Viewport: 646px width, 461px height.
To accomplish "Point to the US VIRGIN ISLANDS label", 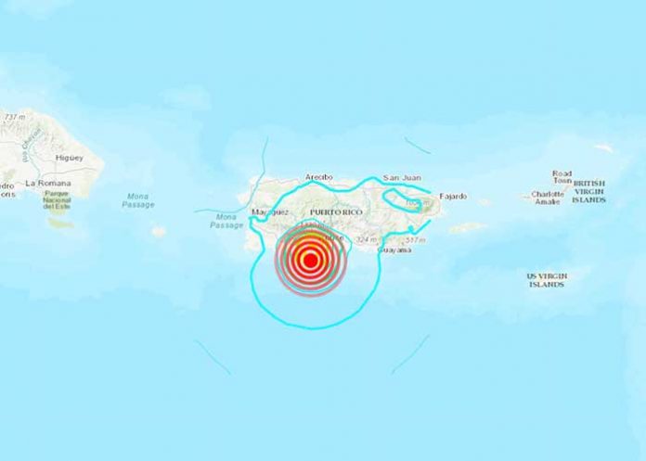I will (x=548, y=280).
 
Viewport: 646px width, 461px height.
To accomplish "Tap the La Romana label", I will (x=43, y=185).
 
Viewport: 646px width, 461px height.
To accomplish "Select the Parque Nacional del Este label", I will (x=58, y=200).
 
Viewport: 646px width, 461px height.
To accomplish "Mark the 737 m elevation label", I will (x=14, y=118).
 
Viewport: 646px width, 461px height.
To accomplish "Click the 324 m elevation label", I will (x=368, y=239).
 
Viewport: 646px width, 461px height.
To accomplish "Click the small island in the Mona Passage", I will (x=159, y=232).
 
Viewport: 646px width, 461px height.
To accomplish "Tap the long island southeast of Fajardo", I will (x=469, y=226).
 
